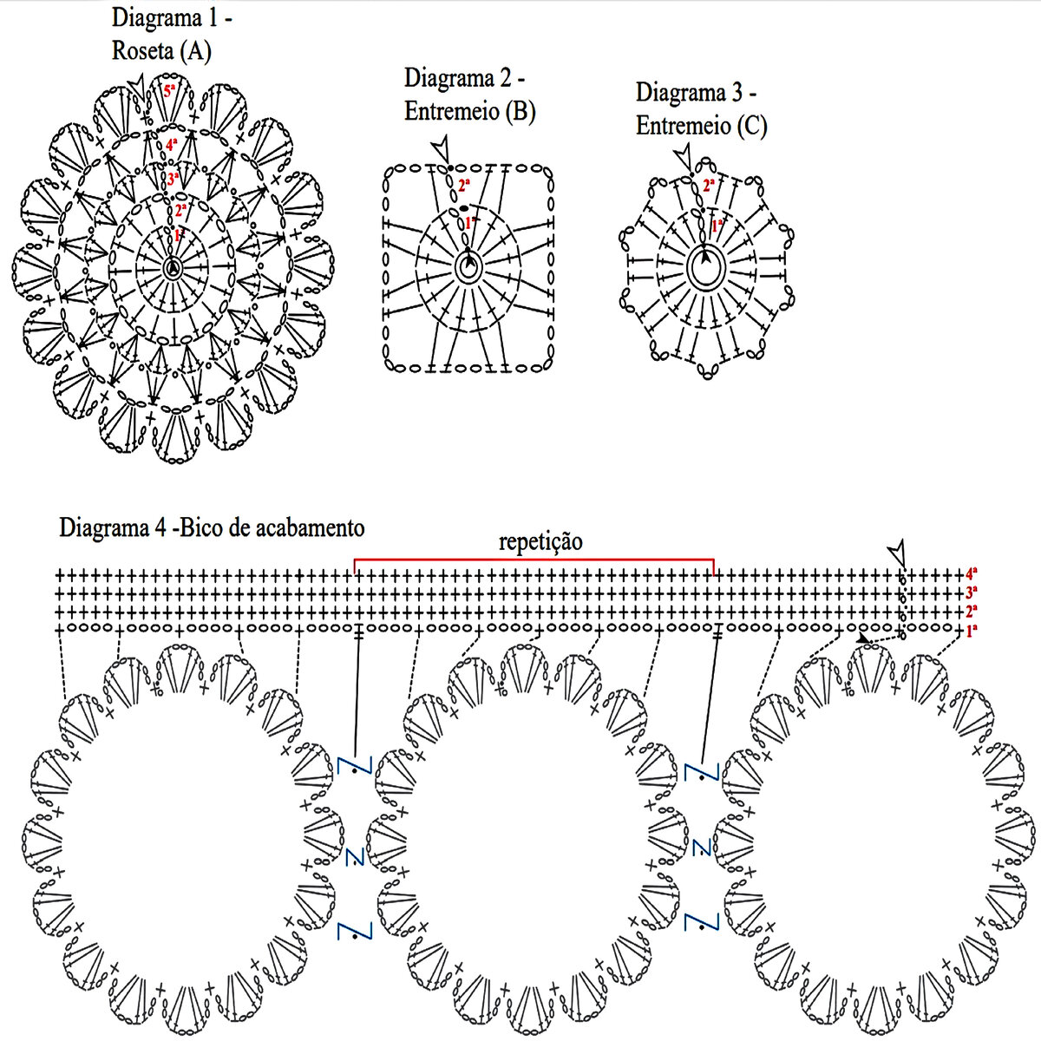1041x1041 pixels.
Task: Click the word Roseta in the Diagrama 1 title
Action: (143, 51)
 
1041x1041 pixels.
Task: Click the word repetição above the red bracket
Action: (540, 542)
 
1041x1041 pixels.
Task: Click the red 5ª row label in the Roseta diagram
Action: (169, 89)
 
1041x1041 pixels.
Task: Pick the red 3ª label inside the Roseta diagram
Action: (173, 179)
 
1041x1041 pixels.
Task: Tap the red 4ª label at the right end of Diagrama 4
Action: (972, 573)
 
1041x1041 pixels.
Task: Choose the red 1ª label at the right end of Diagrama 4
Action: (972, 632)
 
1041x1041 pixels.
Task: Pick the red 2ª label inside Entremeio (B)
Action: (464, 185)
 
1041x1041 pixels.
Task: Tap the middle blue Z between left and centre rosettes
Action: (354, 857)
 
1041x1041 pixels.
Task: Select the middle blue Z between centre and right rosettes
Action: (701, 847)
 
